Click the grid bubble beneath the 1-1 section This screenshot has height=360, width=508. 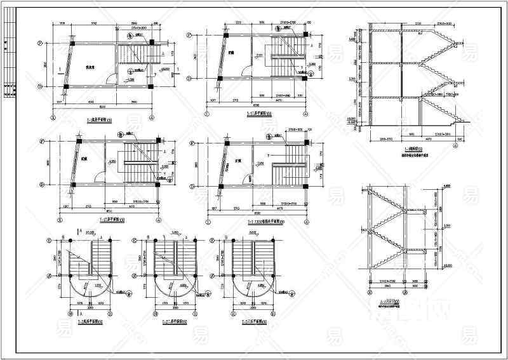pos(455,145)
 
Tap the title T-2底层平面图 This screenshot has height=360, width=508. pos(90,322)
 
